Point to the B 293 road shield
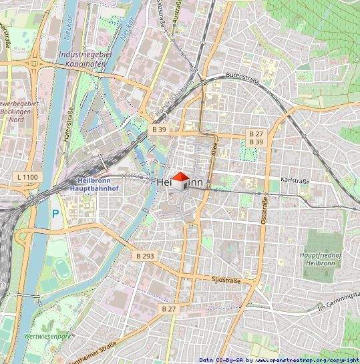pos(144,256)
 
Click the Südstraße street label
pos(224,279)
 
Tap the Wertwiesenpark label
pos(47,336)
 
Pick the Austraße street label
pos(176,11)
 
